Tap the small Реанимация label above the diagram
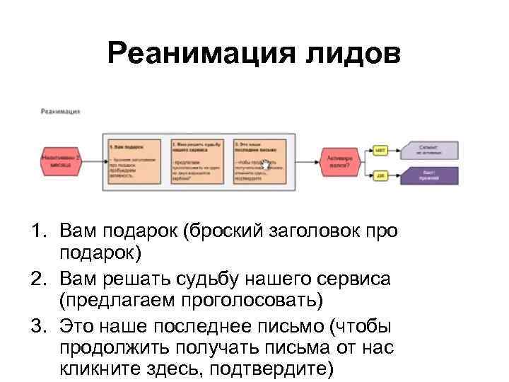[x=60, y=111]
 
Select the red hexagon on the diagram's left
[x=61, y=161]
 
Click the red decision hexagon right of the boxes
[x=339, y=161]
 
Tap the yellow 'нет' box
[x=380, y=150]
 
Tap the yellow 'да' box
[x=380, y=175]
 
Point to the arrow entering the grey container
[x=93, y=161]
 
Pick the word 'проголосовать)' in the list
[x=255, y=301]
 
